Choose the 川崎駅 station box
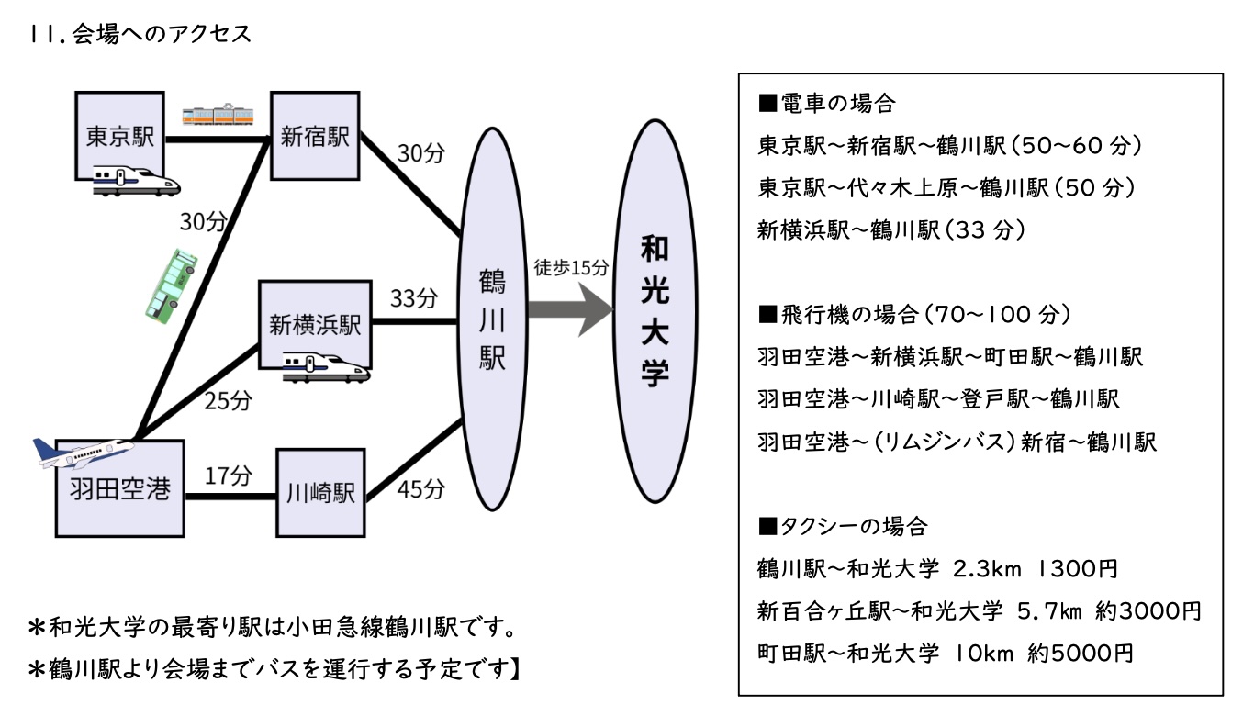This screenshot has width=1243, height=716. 320,493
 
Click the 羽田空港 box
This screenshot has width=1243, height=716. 120,488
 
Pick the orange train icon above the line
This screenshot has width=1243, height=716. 217,114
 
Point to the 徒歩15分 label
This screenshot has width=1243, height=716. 571,268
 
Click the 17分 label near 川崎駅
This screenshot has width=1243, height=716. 229,475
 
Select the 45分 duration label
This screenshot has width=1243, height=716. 421,489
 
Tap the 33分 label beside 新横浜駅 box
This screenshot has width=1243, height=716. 414,298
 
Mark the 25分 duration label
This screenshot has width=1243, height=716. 228,400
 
